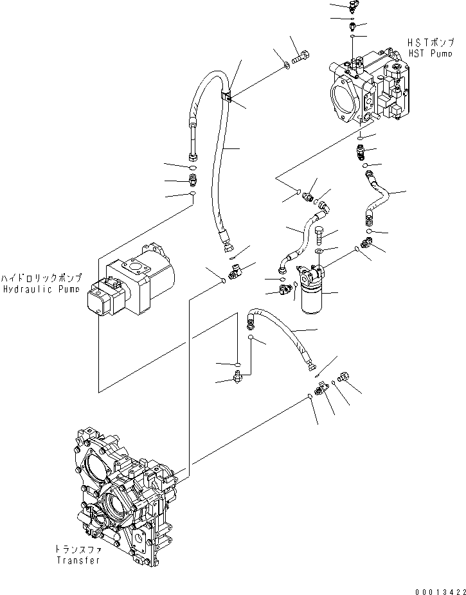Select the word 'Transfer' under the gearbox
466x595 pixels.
[78, 560]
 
